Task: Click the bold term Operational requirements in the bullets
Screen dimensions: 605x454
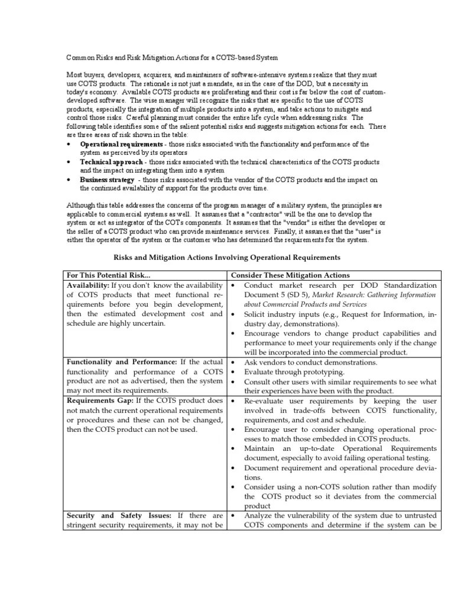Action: pos(121,144)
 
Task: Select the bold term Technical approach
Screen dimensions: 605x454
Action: pos(111,162)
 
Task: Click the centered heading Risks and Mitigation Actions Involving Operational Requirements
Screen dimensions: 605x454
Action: pos(226,258)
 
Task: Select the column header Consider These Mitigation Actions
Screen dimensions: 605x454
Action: pos(290,275)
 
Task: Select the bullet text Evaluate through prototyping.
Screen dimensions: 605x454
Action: pos(286,372)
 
